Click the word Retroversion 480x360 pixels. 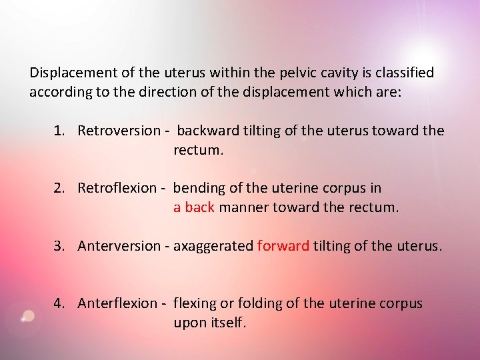point(119,131)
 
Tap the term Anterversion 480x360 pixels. point(119,246)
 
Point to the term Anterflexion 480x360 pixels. point(117,303)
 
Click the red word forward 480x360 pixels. point(283,246)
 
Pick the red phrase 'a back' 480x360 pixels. point(193,207)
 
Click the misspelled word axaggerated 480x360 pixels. point(213,247)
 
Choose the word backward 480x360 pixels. point(207,131)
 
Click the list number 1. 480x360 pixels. point(59,131)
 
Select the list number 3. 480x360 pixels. point(59,246)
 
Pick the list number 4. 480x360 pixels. point(59,303)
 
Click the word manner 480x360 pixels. point(242,207)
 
